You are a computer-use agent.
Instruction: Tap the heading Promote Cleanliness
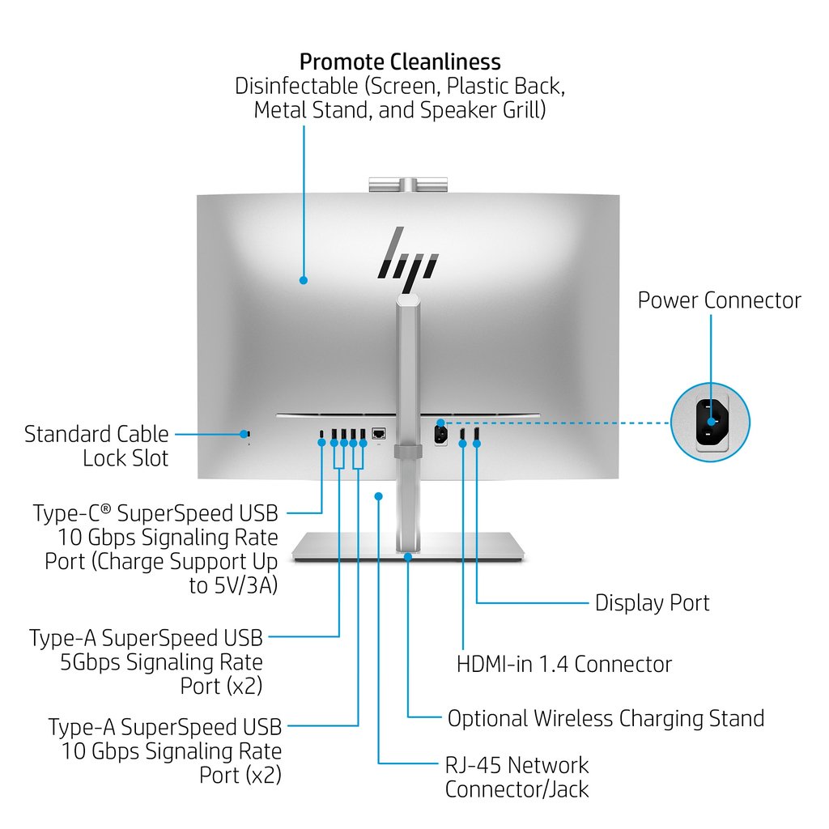pyautogui.click(x=400, y=62)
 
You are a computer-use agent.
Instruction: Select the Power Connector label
pyautogui.click(x=719, y=300)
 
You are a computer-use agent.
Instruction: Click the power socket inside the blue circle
pyautogui.click(x=711, y=422)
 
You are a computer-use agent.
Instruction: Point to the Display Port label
pyautogui.click(x=652, y=603)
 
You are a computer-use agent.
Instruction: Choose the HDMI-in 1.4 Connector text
pyautogui.click(x=564, y=665)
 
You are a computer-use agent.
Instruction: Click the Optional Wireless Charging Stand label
pyautogui.click(x=606, y=718)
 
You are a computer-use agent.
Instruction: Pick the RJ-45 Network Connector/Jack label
pyautogui.click(x=517, y=776)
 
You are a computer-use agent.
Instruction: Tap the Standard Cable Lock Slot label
pyautogui.click(x=97, y=446)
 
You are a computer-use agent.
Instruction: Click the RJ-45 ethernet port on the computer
pyautogui.click(x=378, y=434)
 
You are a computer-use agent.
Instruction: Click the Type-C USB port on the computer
pyautogui.click(x=323, y=435)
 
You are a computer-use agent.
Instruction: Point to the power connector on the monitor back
pyautogui.click(x=441, y=434)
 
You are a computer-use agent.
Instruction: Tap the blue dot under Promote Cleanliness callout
pyautogui.click(x=304, y=280)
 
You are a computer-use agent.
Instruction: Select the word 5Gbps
pyautogui.click(x=90, y=662)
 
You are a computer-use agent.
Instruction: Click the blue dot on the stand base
pyautogui.click(x=408, y=556)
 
